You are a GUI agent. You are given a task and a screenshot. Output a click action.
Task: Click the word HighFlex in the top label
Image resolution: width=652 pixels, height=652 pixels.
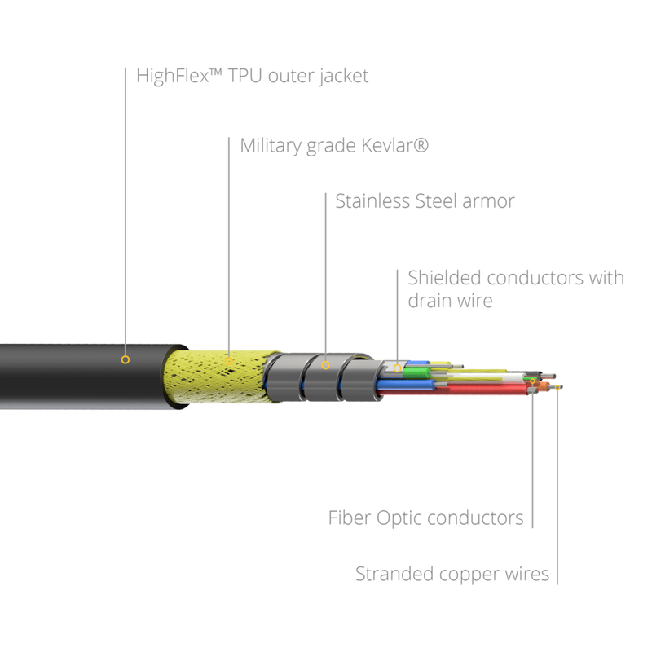click(173, 76)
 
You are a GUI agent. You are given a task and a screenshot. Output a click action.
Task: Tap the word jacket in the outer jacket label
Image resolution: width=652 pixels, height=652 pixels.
click(343, 77)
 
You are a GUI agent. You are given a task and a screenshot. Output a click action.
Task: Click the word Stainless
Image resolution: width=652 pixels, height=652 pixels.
click(373, 201)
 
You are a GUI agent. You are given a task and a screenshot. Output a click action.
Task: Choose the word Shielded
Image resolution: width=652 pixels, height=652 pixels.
click(444, 278)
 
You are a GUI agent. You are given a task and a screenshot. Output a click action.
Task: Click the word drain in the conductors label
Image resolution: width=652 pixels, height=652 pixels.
click(429, 301)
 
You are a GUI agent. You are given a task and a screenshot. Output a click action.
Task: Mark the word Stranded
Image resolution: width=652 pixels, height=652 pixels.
click(394, 574)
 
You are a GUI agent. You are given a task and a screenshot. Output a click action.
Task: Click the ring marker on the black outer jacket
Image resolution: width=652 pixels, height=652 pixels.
click(126, 359)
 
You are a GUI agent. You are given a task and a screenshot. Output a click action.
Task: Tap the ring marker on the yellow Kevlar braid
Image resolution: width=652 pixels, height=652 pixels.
click(229, 361)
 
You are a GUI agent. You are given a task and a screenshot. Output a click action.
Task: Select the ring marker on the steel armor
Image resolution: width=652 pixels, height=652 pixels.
click(325, 365)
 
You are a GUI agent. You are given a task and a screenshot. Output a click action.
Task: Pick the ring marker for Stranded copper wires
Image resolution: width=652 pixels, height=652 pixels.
click(557, 387)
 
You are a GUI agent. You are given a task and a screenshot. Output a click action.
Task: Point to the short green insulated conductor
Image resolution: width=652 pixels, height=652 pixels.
click(416, 372)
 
